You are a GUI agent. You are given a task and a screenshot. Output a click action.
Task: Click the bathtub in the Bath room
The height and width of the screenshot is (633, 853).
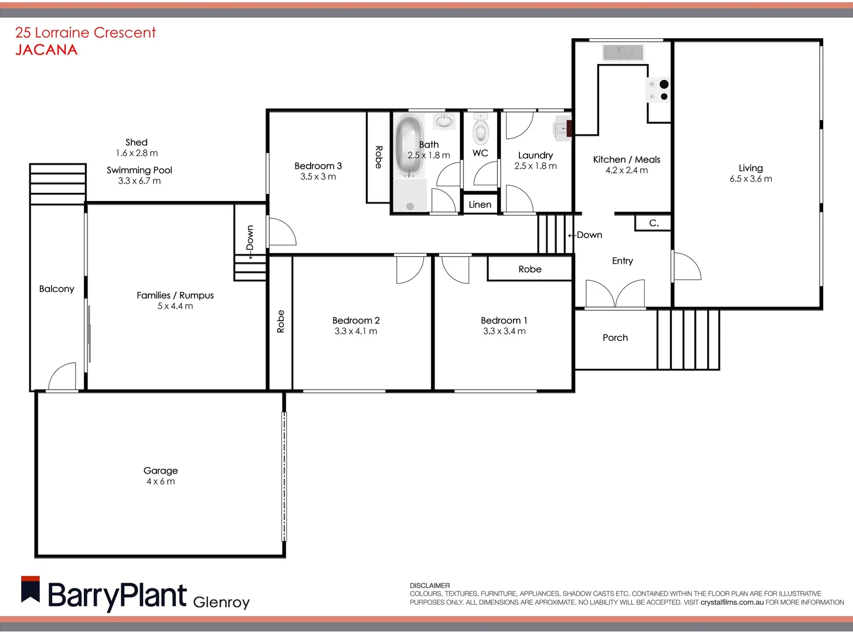409,145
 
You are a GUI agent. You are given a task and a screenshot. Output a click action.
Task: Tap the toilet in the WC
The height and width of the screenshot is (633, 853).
481,131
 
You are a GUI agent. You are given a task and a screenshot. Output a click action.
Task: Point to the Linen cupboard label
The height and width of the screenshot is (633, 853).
480,205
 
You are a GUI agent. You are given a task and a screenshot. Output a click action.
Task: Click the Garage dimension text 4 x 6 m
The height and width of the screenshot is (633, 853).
161,482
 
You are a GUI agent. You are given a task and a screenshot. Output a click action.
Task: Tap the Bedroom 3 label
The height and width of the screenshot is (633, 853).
318,166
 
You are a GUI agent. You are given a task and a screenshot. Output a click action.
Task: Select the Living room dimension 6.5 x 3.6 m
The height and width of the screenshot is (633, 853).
750,179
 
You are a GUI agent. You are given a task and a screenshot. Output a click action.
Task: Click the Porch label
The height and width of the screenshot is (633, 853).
615,338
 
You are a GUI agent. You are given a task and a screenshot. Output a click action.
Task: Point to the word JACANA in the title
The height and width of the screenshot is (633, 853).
46,50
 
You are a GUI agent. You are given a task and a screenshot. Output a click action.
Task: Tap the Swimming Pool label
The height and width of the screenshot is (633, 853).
140,170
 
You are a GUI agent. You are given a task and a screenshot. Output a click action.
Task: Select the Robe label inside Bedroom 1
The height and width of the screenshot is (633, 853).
529,269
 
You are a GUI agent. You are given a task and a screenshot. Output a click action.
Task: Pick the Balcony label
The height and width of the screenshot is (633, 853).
56,289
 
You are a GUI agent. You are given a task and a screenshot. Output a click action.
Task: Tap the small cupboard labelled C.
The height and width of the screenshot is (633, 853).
653,223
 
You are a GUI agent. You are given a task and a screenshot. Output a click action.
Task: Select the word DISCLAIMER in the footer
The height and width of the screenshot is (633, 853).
430,586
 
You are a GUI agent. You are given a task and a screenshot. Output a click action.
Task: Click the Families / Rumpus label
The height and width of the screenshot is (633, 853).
175,295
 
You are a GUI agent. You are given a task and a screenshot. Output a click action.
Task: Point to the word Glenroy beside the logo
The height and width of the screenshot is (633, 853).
221,602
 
